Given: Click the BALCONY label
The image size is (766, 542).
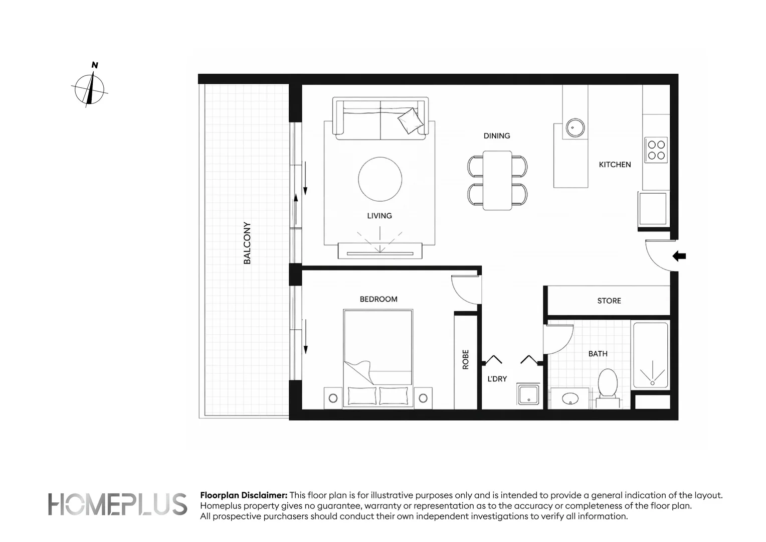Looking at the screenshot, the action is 247,243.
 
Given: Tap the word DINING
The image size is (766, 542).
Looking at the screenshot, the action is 496,136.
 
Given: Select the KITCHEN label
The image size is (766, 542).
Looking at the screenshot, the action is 615,165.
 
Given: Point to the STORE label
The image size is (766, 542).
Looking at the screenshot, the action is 609,301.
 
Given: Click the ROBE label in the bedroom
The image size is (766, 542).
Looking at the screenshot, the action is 465,359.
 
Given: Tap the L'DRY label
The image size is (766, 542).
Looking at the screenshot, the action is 497,379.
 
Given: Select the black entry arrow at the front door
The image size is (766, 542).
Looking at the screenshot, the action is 679,256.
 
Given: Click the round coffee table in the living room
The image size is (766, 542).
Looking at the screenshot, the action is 380,179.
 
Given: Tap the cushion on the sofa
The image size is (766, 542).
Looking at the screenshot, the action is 411,120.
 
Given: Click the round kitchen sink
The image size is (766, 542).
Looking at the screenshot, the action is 575,128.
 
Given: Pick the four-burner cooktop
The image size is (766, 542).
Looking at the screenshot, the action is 656,150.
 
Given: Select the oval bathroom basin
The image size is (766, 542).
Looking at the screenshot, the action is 570,398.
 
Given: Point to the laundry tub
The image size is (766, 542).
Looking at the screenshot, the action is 528,394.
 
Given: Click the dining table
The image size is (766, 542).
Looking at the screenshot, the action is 497,181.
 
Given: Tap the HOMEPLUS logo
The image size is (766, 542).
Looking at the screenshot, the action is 117,504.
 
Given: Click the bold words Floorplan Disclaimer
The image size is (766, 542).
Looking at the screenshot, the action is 244,495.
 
